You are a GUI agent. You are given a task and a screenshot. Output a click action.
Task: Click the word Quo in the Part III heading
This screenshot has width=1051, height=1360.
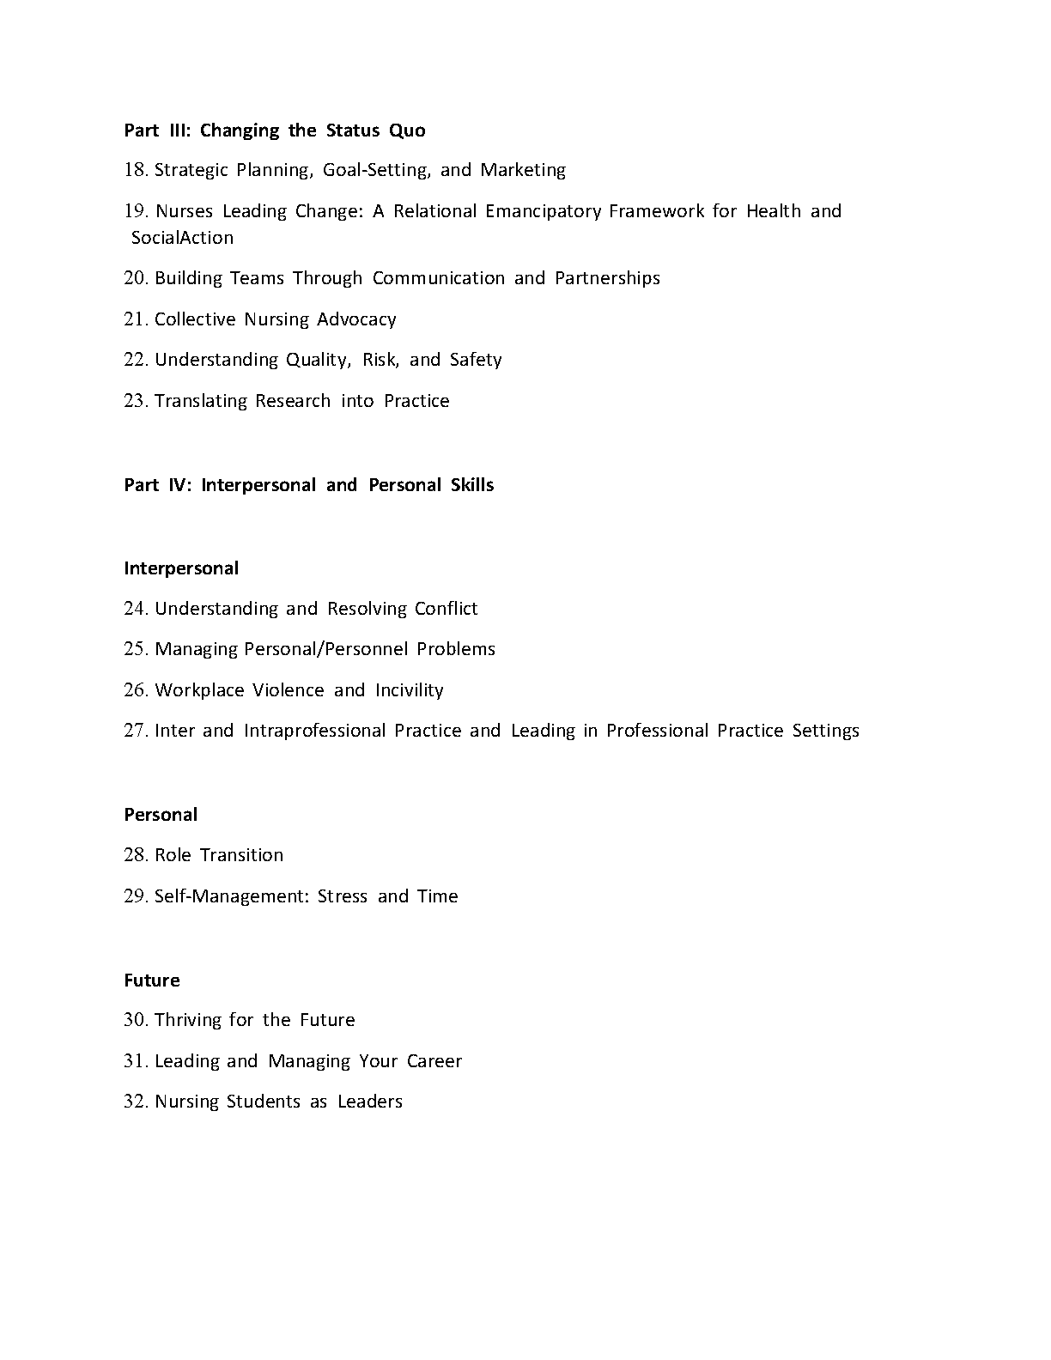pos(407,131)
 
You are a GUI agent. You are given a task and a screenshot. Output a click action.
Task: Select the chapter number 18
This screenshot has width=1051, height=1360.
pos(136,170)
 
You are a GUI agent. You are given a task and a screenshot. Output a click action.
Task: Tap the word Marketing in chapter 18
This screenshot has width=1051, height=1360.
pos(523,170)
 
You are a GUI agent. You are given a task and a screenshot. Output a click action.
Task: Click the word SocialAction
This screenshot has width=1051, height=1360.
pos(182,238)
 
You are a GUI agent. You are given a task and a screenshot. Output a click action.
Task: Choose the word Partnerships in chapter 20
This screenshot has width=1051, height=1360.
pos(607,278)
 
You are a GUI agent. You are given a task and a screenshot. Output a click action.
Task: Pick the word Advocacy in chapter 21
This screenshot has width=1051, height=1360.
pos(356,319)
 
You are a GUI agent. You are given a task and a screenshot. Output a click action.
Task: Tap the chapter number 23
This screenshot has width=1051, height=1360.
pos(136,401)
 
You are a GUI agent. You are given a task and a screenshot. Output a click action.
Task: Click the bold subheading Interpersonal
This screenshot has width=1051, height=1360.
pos(181,568)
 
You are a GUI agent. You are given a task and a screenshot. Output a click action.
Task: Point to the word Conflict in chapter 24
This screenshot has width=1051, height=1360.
pos(446,609)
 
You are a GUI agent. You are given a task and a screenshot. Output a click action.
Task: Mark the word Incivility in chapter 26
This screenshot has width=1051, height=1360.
pos(410,690)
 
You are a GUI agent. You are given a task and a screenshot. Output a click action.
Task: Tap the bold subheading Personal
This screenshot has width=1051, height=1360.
pos(161,815)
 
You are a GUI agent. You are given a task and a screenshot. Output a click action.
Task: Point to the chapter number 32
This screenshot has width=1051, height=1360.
pos(136,1102)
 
